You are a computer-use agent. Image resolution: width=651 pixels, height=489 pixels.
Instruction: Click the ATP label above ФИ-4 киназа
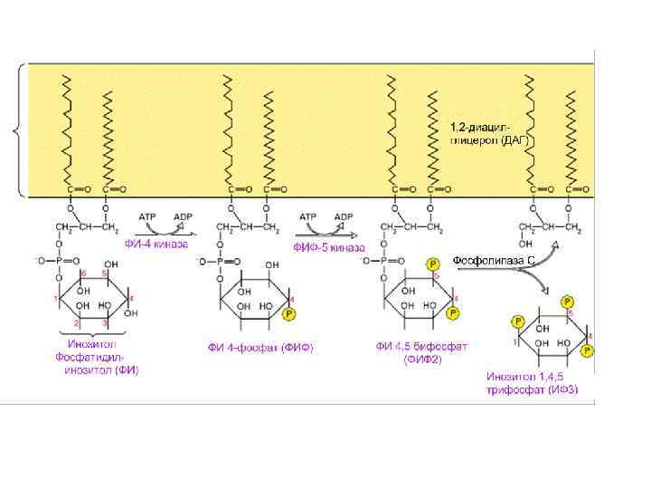point(149,216)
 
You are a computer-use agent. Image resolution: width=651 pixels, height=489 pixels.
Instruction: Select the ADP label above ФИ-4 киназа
point(184,216)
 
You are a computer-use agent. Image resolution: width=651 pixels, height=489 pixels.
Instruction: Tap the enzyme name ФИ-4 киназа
point(156,243)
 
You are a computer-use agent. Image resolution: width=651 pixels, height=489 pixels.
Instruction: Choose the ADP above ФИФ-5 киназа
point(344,216)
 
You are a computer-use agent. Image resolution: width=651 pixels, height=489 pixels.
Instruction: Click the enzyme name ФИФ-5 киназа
point(328,246)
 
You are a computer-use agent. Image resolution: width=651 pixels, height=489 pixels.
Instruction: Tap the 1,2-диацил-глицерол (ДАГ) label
point(488,134)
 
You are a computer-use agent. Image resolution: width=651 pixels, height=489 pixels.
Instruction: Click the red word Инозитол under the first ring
point(91,344)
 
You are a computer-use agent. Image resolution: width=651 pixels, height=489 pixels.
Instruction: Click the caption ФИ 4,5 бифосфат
point(421,346)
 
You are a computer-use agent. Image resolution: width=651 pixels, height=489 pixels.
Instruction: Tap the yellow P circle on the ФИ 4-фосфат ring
point(289,313)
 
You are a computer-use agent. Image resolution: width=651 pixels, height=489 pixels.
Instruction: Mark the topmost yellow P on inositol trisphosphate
point(567,302)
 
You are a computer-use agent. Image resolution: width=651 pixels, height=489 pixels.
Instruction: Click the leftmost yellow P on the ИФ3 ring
point(518,321)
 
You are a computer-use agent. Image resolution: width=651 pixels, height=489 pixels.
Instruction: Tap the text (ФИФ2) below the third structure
point(422,359)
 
